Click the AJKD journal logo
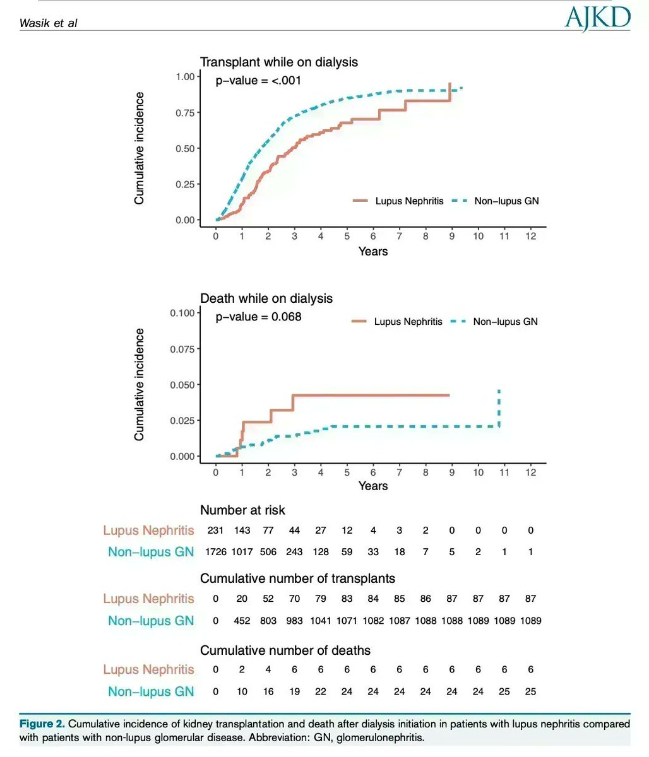[x=597, y=20]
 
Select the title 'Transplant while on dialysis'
[x=279, y=62]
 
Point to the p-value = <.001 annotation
[x=258, y=80]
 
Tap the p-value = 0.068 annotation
[x=258, y=317]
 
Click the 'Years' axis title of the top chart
[x=372, y=251]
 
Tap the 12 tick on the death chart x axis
[x=530, y=472]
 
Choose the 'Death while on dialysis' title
[x=266, y=298]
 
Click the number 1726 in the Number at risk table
[x=216, y=552]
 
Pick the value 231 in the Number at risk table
[x=216, y=531]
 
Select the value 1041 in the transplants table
[x=321, y=621]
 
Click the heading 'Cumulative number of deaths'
[x=285, y=650]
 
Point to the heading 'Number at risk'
[x=243, y=510]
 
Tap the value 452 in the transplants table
[x=242, y=621]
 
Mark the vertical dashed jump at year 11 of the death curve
[x=499, y=409]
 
